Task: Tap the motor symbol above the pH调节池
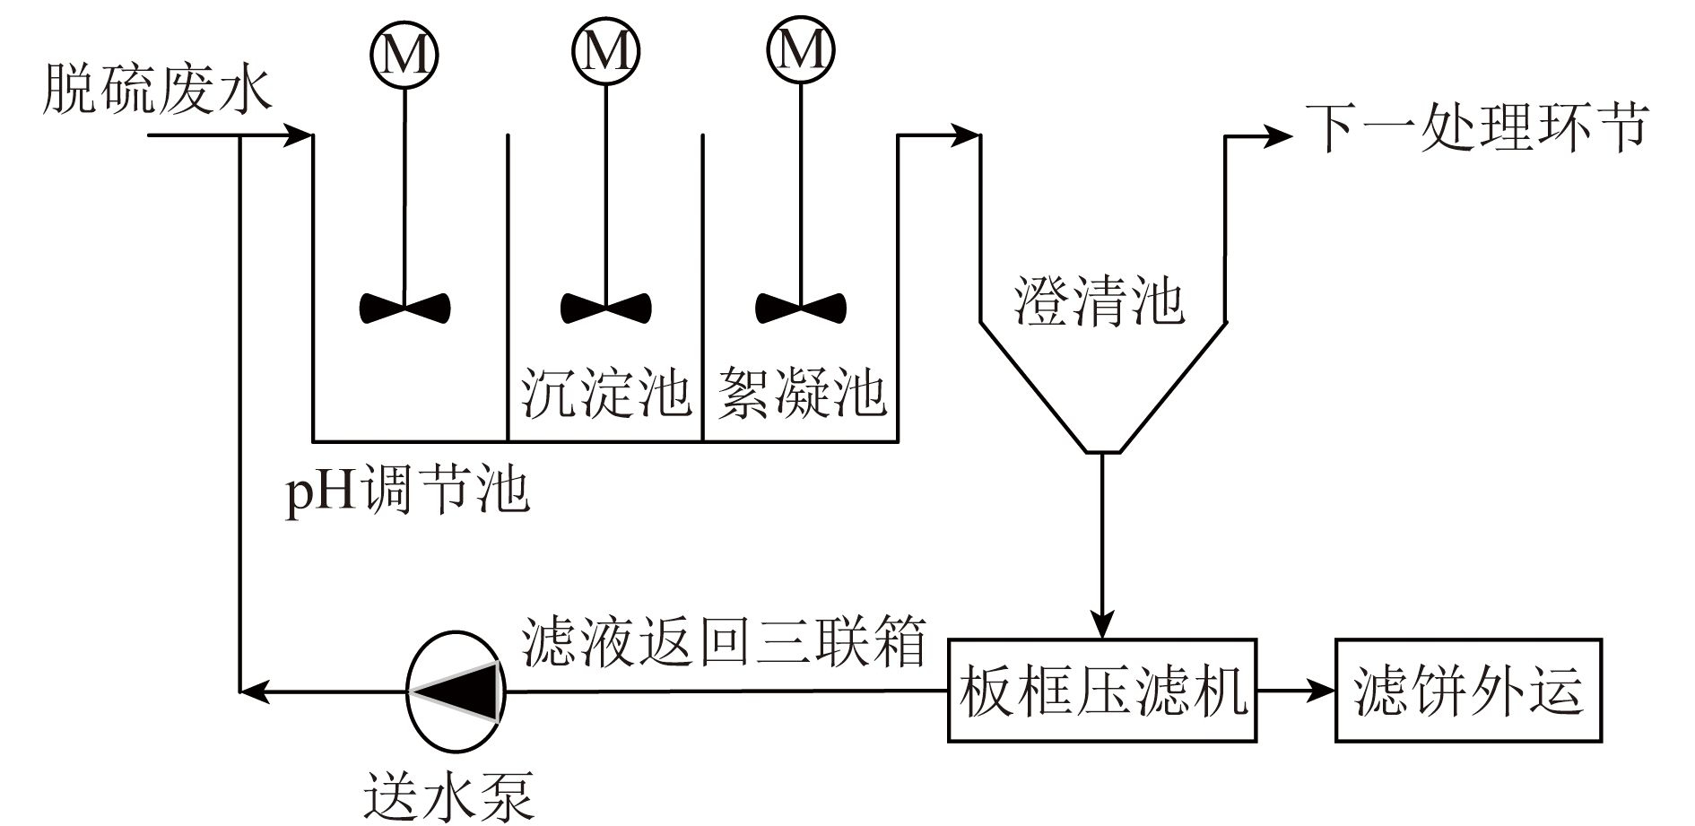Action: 404,54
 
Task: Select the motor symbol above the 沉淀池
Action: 605,52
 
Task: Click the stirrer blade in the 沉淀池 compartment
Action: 605,308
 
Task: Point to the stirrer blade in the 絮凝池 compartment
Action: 800,308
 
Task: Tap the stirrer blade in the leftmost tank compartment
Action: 404,308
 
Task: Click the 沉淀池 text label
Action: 605,392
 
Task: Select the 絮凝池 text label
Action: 801,392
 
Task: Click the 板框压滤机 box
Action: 1102,691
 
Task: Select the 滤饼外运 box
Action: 1468,691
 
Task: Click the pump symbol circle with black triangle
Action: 456,691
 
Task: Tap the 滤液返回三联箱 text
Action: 723,640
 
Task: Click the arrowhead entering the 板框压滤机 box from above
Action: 1102,625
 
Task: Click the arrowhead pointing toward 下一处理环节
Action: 1279,136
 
